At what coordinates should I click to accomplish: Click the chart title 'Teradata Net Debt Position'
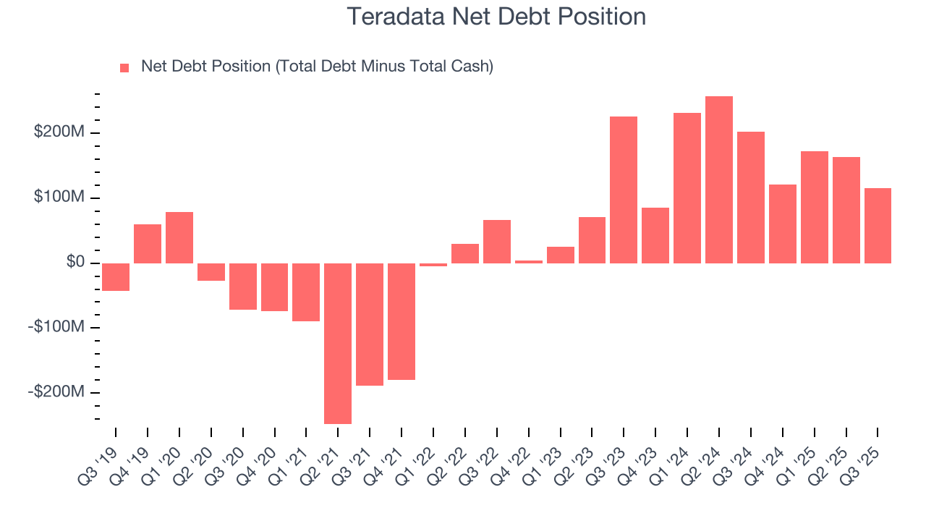click(x=496, y=16)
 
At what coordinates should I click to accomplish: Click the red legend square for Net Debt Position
click(x=124, y=67)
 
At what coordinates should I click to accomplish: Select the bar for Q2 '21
click(x=338, y=343)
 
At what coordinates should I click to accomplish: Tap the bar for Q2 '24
click(x=719, y=179)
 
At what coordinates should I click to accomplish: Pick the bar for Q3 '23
click(x=624, y=190)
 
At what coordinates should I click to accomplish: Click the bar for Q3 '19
click(x=116, y=276)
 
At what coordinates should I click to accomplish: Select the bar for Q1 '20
click(x=179, y=237)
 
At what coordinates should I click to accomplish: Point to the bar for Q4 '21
click(x=402, y=321)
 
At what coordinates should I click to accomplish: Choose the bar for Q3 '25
click(x=878, y=225)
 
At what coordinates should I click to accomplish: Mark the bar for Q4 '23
click(x=655, y=235)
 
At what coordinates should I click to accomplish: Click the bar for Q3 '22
click(x=497, y=241)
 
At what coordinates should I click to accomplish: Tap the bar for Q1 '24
click(x=687, y=187)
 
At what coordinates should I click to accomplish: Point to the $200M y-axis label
click(x=59, y=132)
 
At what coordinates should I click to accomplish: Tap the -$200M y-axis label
click(x=56, y=391)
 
